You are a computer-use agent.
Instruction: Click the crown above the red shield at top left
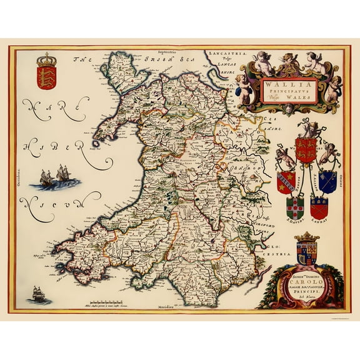click(46, 61)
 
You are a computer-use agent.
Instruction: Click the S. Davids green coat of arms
click(295, 206)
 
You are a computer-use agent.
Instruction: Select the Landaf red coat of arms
click(319, 206)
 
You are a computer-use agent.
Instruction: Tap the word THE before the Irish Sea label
click(78, 61)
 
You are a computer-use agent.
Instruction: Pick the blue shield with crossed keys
click(329, 181)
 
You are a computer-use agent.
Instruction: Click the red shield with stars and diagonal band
click(286, 181)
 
